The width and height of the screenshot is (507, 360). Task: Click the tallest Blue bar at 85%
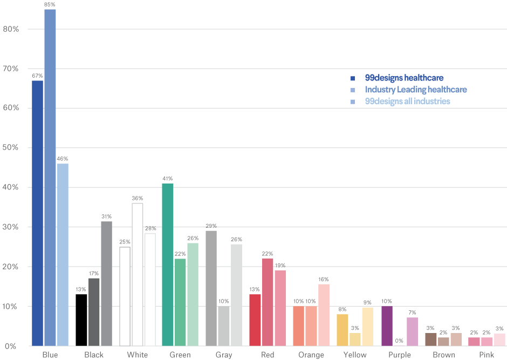tap(50, 178)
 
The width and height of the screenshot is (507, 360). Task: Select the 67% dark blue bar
tap(37, 213)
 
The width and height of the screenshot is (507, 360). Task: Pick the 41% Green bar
tap(168, 264)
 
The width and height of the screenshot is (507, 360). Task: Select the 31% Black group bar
tap(106, 284)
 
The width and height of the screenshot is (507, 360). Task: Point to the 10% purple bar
tap(386, 326)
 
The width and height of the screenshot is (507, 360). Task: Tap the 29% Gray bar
tap(211, 288)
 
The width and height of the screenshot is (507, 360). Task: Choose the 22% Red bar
tap(268, 302)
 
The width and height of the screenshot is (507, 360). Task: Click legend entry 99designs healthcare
tap(404, 78)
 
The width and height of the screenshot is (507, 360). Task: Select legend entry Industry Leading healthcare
tap(415, 90)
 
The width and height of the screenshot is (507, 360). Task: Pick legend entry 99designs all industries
tap(407, 101)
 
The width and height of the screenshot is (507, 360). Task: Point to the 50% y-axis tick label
tap(11, 148)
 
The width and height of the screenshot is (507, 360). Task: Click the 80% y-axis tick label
tap(11, 29)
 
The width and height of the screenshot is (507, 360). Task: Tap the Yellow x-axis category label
tap(355, 355)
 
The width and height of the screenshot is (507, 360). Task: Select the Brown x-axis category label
tap(443, 355)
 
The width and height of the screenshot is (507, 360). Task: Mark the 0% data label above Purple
tap(399, 341)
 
